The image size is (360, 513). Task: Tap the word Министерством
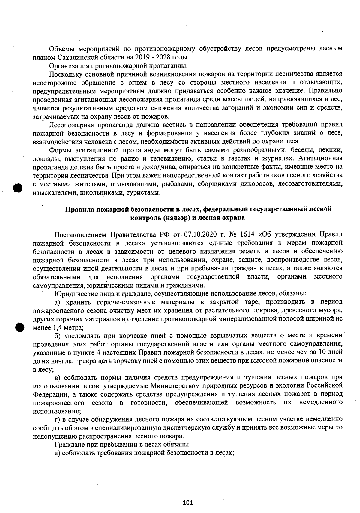tap(174, 385)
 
